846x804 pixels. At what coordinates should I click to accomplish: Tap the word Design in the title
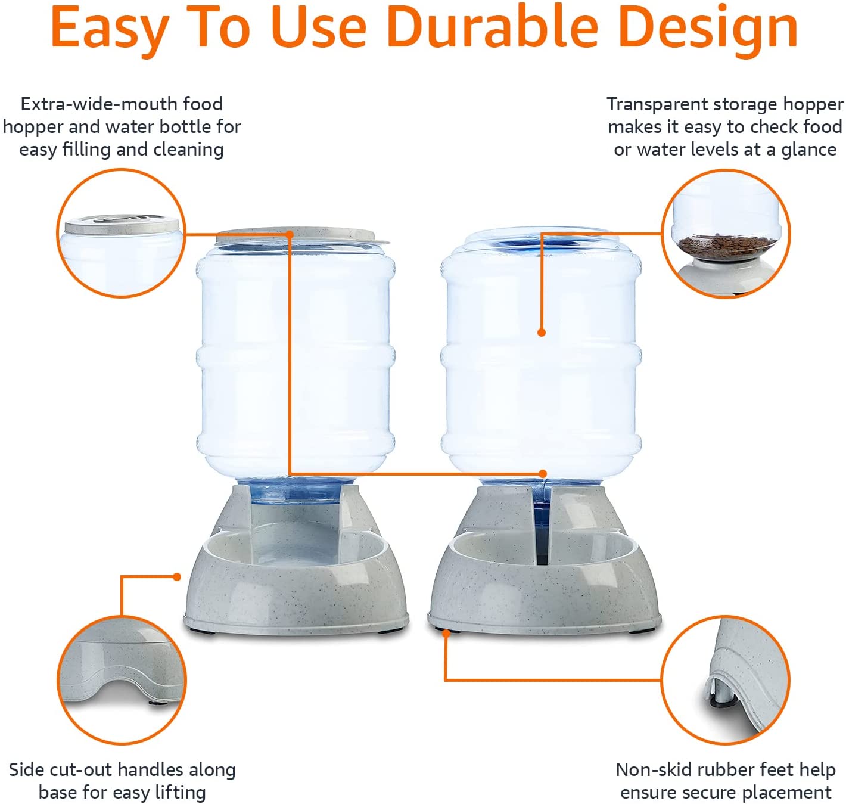click(x=708, y=30)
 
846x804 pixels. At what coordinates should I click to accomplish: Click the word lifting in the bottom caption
click(x=181, y=793)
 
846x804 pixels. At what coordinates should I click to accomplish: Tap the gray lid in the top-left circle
click(x=122, y=224)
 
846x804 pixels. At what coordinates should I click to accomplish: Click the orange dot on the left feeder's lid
click(x=290, y=235)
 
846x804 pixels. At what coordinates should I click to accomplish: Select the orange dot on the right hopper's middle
click(x=542, y=333)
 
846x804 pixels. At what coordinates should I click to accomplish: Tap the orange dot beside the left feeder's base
click(x=177, y=576)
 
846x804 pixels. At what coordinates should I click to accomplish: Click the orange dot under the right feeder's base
click(x=446, y=633)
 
